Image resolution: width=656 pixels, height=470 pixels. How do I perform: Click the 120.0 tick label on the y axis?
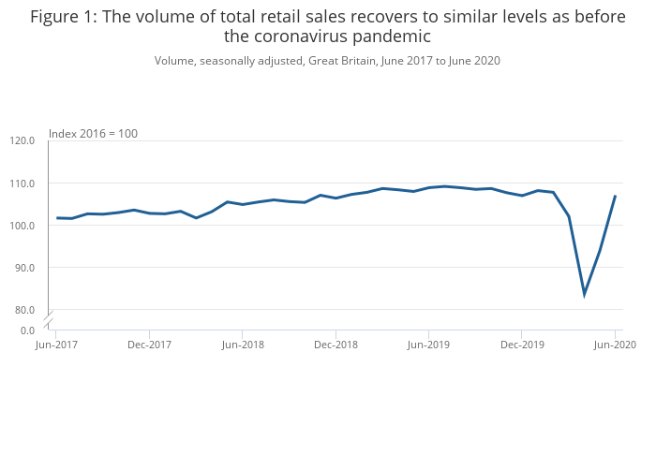pyautogui.click(x=22, y=141)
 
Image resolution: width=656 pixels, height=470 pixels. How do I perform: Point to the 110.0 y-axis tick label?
pyautogui.click(x=22, y=184)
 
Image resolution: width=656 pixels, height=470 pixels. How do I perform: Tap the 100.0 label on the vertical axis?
pyautogui.click(x=22, y=226)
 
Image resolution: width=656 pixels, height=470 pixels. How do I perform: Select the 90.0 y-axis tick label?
pyautogui.click(x=24, y=268)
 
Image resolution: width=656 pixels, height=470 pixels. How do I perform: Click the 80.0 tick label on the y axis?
pyautogui.click(x=24, y=310)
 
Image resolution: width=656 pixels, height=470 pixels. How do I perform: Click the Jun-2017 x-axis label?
pyautogui.click(x=56, y=345)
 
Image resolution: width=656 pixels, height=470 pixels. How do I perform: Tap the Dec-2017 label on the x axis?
pyautogui.click(x=149, y=345)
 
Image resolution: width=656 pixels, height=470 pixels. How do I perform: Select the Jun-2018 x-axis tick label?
pyautogui.click(x=242, y=345)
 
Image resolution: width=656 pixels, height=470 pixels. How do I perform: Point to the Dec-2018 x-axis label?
pyautogui.click(x=335, y=345)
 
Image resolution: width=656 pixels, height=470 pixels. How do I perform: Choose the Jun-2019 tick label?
pyautogui.click(x=428, y=345)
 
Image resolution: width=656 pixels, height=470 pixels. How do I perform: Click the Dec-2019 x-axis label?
pyautogui.click(x=522, y=345)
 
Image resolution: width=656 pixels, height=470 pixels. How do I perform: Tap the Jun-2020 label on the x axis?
pyautogui.click(x=615, y=345)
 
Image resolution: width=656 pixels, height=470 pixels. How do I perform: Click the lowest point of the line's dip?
pyautogui.click(x=584, y=294)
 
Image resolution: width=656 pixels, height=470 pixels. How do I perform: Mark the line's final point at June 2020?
pyautogui.click(x=615, y=196)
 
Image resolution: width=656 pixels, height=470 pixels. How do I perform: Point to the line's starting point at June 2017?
pyautogui.click(x=56, y=218)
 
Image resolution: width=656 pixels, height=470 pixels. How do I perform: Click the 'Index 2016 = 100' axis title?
pyautogui.click(x=93, y=134)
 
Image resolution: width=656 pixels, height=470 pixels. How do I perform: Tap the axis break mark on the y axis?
pyautogui.click(x=48, y=318)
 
